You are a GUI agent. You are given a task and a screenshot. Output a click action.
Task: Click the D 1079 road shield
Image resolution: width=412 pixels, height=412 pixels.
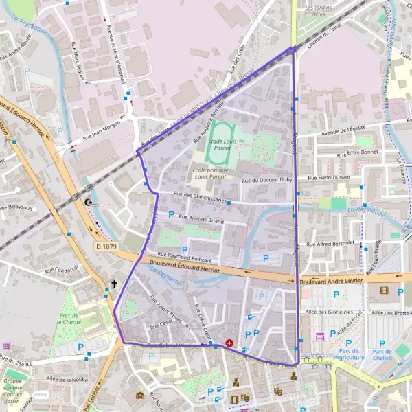[x=107, y=246]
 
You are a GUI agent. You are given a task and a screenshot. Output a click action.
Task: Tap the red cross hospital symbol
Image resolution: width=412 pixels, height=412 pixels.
[x=229, y=341]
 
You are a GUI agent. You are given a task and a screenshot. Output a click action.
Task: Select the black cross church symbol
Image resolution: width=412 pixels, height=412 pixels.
[x=114, y=283]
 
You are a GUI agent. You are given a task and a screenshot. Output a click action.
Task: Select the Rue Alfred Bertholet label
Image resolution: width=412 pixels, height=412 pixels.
[x=330, y=243]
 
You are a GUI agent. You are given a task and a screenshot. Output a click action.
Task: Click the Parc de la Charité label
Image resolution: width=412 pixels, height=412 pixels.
[x=71, y=317]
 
